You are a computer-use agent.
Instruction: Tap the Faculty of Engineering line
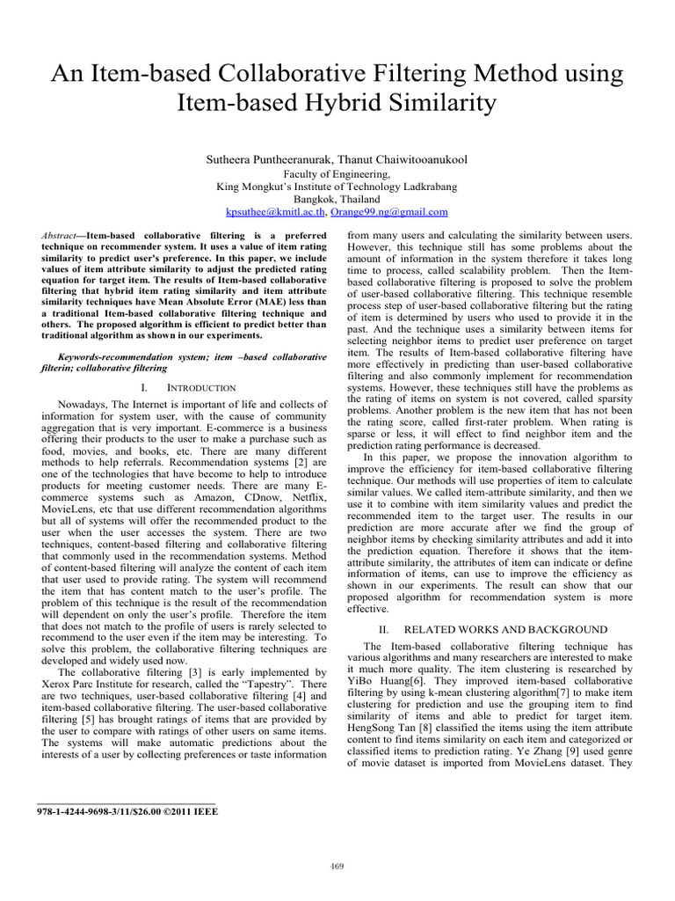(337, 174)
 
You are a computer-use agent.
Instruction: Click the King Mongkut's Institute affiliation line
(337, 187)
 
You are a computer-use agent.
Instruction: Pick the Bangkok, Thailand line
(337, 200)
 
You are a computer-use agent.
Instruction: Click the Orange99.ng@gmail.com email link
(397, 212)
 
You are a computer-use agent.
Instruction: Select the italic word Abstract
(61, 237)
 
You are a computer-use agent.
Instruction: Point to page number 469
(337, 867)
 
